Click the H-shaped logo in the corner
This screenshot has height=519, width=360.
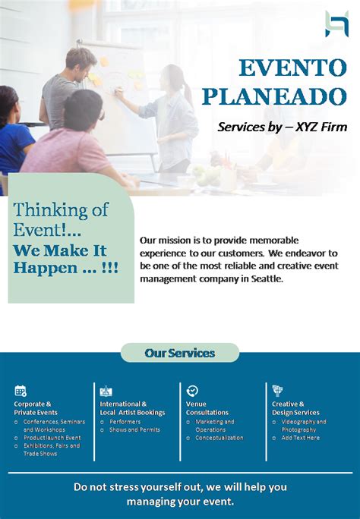pyautogui.click(x=336, y=24)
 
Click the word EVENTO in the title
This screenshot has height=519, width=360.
pyautogui.click(x=292, y=68)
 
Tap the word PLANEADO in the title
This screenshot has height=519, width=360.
pyautogui.click(x=274, y=96)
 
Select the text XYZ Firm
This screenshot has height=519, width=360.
pyautogui.click(x=321, y=127)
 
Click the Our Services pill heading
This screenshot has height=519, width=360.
pyautogui.click(x=180, y=353)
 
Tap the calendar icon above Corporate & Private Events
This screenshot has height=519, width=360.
pyautogui.click(x=21, y=391)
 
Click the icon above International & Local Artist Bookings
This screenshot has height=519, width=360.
pyautogui.click(x=106, y=391)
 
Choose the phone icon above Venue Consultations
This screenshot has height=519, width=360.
pyautogui.click(x=192, y=391)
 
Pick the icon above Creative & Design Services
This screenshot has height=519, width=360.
pyautogui.click(x=277, y=391)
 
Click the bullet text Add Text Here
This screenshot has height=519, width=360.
pyautogui.click(x=301, y=438)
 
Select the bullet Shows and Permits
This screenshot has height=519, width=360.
pyautogui.click(x=134, y=429)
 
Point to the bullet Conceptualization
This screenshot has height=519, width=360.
pyautogui.click(x=219, y=438)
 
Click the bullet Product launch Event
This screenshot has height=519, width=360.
pyautogui.click(x=52, y=438)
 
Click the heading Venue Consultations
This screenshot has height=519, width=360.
pyautogui.click(x=207, y=408)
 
